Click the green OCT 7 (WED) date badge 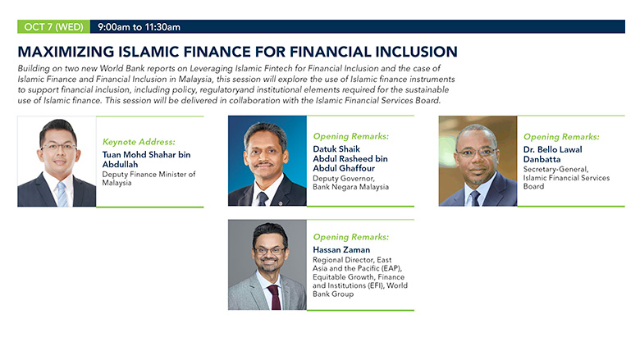(x=53, y=27)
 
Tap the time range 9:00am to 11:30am (x=139, y=27)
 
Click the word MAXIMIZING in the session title (x=66, y=52)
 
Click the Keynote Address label (x=139, y=142)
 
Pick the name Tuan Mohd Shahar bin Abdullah (x=146, y=159)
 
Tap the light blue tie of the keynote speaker (x=62, y=194)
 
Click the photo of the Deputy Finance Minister (x=57, y=162)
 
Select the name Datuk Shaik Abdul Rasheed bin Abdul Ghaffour (x=350, y=158)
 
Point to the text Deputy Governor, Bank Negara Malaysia (x=350, y=183)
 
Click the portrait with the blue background (x=267, y=161)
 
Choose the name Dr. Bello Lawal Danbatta (x=553, y=154)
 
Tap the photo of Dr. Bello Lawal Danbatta (x=478, y=161)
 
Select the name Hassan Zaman (x=341, y=249)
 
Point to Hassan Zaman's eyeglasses (x=269, y=250)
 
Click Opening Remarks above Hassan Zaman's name (x=351, y=237)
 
